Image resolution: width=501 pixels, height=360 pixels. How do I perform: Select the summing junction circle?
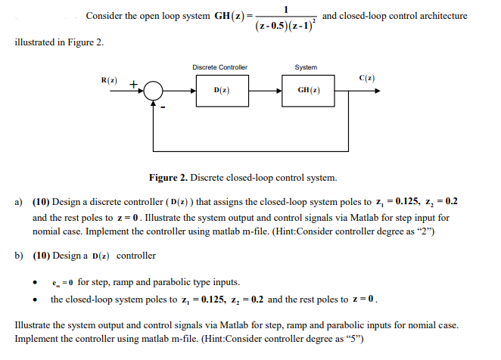coord(155,91)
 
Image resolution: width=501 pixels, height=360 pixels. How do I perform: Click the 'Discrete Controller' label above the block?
coord(219,67)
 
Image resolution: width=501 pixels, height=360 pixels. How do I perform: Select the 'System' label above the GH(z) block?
coord(306,67)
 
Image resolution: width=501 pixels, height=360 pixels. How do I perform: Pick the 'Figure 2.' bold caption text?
coord(169,178)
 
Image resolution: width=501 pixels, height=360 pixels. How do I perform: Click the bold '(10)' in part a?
coord(41,203)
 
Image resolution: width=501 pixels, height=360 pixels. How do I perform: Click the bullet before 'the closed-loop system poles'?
coord(35,299)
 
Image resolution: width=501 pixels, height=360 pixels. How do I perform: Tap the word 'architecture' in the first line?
coord(440,16)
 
